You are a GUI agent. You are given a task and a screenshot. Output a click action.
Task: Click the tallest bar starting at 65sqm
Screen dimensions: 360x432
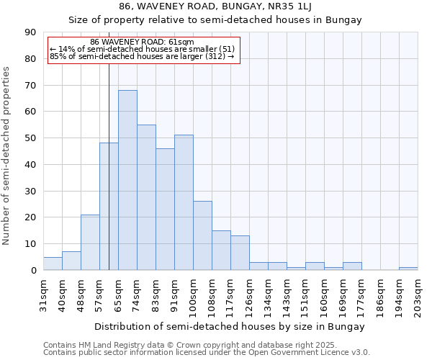coord(127,180)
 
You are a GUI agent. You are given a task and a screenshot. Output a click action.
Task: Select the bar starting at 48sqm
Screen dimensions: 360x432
coord(90,242)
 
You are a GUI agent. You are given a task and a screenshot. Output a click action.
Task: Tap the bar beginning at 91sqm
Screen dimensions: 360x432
coord(184,202)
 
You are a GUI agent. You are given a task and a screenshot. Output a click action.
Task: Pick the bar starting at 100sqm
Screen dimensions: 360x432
coord(202,235)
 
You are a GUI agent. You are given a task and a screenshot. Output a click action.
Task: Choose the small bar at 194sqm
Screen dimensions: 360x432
coord(408,269)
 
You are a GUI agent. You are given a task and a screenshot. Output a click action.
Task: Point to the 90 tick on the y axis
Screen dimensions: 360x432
coord(30,32)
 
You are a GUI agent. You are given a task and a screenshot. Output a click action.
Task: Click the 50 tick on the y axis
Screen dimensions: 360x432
coord(30,138)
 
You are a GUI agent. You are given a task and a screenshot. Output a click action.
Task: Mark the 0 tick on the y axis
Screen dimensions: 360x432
coord(33,271)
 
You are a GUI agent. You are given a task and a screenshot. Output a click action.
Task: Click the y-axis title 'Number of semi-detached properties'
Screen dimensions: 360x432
coord(7,155)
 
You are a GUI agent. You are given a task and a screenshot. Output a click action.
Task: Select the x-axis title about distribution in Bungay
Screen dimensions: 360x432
coord(230,326)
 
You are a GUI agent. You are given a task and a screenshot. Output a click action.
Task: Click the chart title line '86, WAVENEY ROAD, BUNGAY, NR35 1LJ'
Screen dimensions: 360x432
coord(215,6)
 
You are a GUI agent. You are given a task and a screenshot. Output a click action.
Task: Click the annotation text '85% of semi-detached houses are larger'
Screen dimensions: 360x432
coord(142,56)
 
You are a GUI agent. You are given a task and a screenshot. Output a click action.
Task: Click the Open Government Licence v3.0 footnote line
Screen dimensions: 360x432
coord(206,353)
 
